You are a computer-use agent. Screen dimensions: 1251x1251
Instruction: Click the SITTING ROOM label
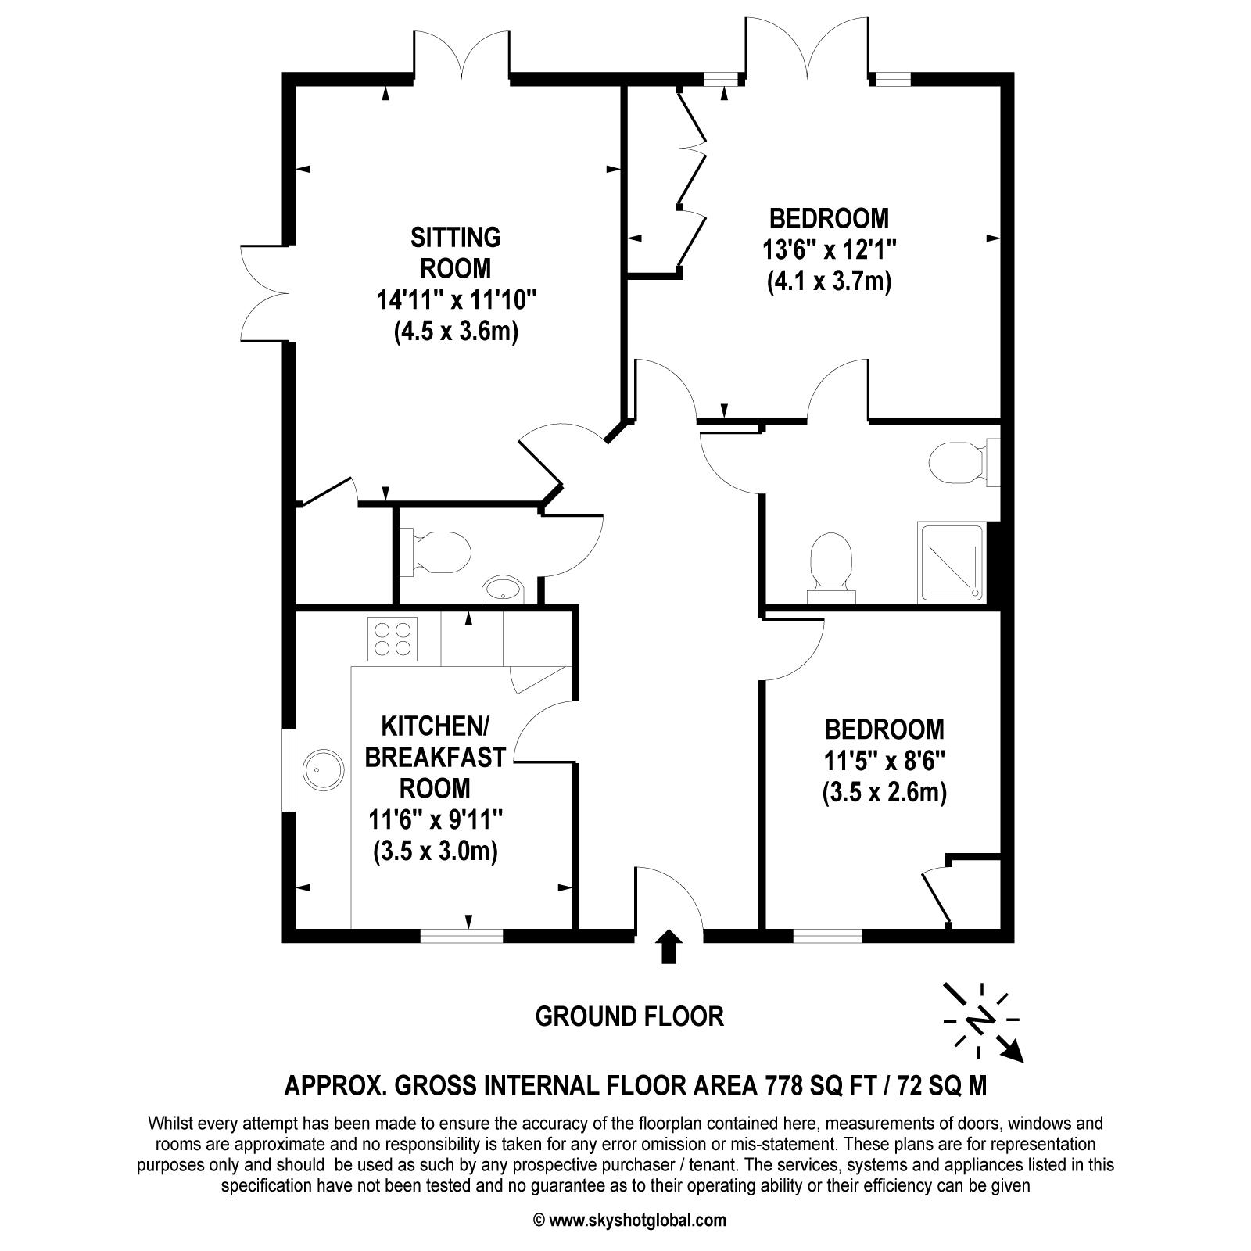(x=456, y=252)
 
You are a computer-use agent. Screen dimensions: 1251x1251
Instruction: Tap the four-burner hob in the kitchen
(x=392, y=639)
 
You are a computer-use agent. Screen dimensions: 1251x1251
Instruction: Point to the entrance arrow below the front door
(x=668, y=946)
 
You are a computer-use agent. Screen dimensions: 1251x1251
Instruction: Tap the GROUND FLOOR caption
(x=629, y=1016)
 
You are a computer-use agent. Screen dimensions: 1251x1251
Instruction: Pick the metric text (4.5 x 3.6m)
(x=457, y=332)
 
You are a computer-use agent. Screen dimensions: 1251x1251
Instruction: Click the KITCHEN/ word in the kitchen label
(x=435, y=726)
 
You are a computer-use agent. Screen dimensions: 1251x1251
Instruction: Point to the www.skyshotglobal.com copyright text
(x=630, y=1220)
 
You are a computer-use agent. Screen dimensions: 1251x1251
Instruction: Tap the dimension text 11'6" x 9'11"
(x=436, y=819)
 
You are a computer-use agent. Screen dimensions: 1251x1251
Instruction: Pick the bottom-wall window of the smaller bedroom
(x=828, y=935)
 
